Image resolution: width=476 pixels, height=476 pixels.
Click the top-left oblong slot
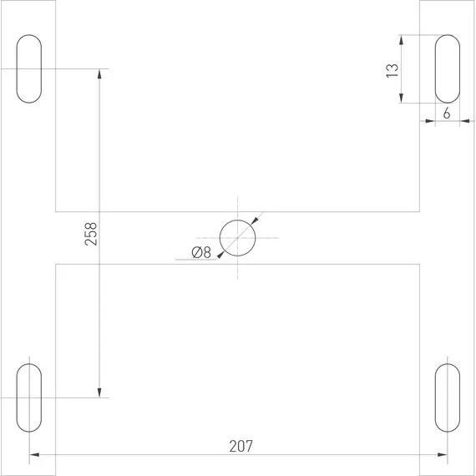click(x=29, y=69)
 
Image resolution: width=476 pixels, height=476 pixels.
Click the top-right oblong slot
click(x=446, y=69)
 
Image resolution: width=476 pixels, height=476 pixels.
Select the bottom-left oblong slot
click(x=29, y=397)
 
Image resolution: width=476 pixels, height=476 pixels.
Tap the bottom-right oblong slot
click(x=446, y=397)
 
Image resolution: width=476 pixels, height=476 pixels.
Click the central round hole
click(x=237, y=238)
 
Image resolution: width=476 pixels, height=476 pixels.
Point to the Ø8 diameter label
click(x=200, y=253)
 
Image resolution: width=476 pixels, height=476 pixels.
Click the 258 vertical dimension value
click(x=92, y=234)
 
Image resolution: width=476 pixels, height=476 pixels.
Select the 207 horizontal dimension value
click(x=241, y=446)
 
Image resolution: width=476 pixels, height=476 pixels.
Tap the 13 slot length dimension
click(x=391, y=69)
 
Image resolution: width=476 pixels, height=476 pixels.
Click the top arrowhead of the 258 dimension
click(x=99, y=73)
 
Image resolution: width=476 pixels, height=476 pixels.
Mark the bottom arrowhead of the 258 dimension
click(x=99, y=392)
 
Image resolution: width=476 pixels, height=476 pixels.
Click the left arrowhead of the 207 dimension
click(x=35, y=456)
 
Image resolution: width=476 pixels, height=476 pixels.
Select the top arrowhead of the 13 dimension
click(x=402, y=40)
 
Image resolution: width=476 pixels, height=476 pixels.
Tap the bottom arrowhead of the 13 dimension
click(x=402, y=98)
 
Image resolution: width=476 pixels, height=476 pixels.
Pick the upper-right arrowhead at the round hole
click(x=255, y=221)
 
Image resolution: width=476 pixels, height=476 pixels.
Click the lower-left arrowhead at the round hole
click(x=220, y=254)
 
